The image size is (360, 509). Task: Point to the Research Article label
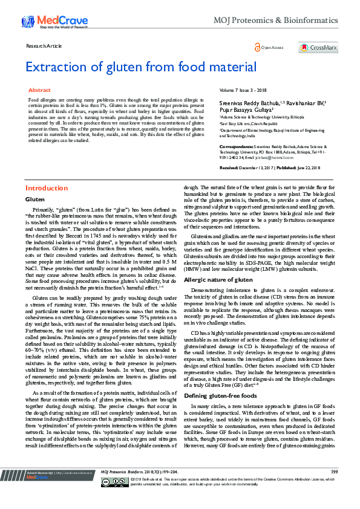(45, 46)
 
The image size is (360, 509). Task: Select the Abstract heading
(40, 89)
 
